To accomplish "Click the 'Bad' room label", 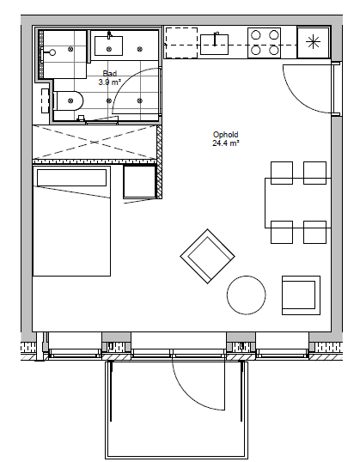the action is (110, 73).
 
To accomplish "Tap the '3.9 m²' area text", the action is (109, 82).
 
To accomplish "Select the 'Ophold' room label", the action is (226, 135).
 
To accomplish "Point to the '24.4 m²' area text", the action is (226, 143).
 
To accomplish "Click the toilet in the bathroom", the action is (69, 100).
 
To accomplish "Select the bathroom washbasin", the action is (108, 46).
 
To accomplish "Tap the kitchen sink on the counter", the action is (214, 45).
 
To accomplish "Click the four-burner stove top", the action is (264, 43).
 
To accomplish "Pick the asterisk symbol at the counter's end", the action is (313, 43).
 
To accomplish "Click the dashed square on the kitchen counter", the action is (181, 43).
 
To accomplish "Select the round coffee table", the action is (247, 295).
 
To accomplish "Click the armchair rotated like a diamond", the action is (208, 257).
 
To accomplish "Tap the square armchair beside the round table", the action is (301, 295).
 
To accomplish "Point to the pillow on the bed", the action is (71, 178).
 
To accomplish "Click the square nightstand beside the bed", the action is (139, 182).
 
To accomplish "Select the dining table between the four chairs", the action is (298, 203).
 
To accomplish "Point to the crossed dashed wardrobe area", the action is (95, 143).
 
